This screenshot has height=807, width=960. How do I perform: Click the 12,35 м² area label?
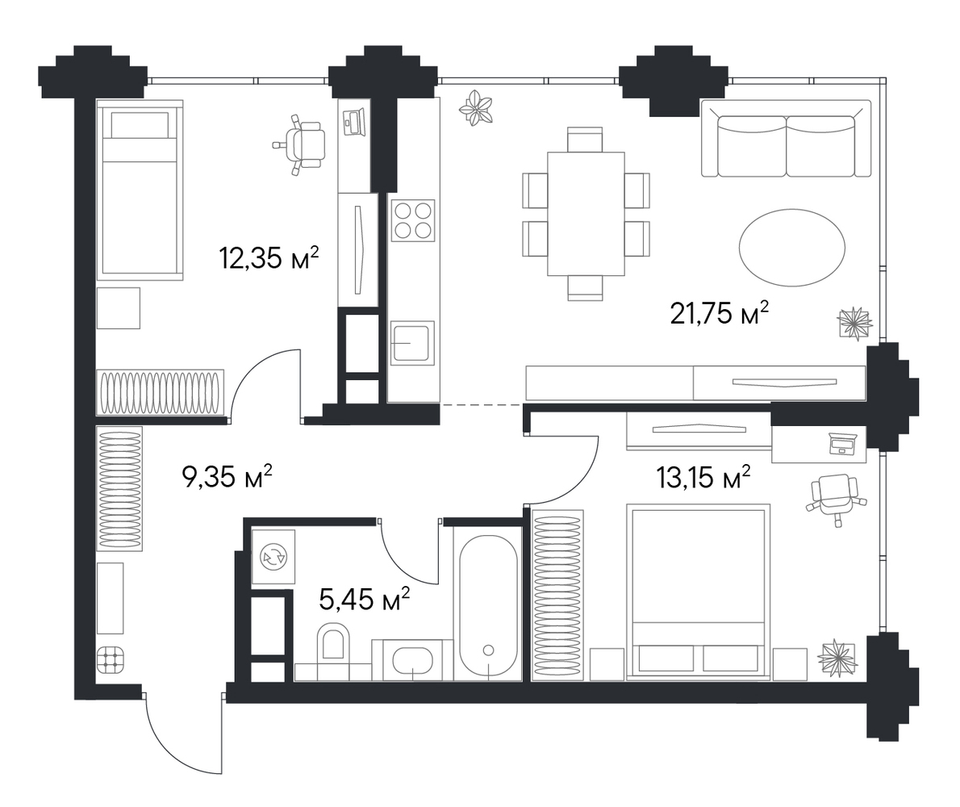pos(269,257)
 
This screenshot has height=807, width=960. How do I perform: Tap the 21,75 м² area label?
pos(720,313)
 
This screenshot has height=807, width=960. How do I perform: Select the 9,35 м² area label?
pos(227,476)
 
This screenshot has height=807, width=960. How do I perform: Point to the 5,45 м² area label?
pos(365,598)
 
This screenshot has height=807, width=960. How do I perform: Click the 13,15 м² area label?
pos(703,476)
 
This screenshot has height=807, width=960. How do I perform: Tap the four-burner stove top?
pos(413,220)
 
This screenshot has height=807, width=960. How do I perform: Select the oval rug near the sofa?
pos(791,248)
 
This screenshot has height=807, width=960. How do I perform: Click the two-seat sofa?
pos(786,139)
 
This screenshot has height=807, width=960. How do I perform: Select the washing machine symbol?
pos(273,557)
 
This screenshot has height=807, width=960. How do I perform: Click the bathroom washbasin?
pos(413,661)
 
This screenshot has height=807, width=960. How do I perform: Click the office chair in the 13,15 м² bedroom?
pos(837,496)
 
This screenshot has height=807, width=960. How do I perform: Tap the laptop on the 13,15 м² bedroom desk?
pos(843,443)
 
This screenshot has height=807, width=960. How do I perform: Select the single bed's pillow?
pos(140,126)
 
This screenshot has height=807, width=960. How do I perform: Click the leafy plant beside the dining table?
pos(476,108)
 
